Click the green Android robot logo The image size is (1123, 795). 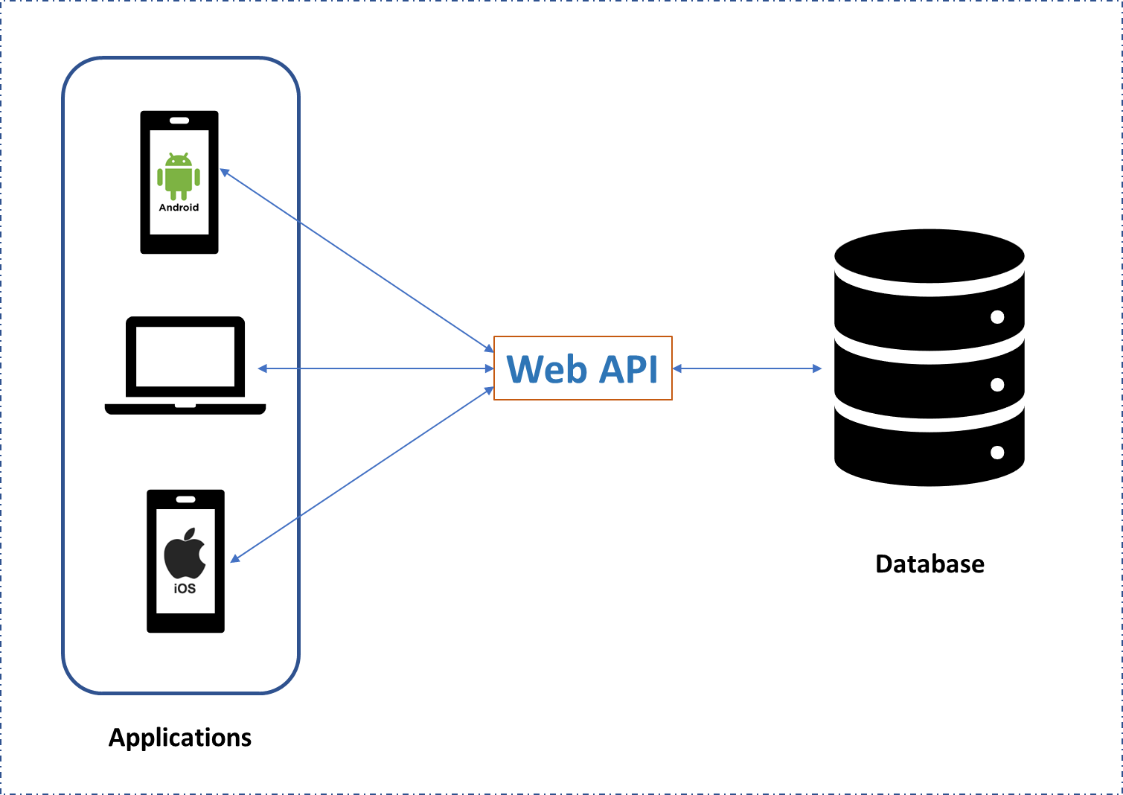click(x=179, y=177)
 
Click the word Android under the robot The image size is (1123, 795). click(x=179, y=208)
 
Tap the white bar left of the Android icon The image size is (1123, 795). click(x=129, y=182)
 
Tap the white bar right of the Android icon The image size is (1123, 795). click(x=229, y=182)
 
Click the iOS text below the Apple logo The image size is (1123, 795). click(x=185, y=588)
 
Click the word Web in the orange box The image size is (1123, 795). click(x=547, y=369)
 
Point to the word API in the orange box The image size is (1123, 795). click(x=629, y=369)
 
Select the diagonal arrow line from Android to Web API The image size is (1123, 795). click(x=357, y=261)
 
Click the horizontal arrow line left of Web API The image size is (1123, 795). click(x=376, y=368)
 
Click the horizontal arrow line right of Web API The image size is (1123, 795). click(x=747, y=368)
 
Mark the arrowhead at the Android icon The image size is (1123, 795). click(x=224, y=173)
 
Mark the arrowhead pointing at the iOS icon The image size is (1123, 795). click(x=234, y=559)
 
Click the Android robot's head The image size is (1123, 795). click(x=179, y=160)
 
